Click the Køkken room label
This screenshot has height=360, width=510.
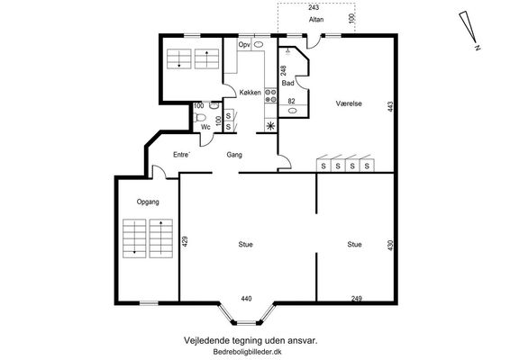point(250,93)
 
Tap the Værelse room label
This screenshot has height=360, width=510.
point(349,103)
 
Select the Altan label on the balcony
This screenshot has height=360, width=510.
point(316,20)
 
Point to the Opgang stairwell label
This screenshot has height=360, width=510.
point(148,202)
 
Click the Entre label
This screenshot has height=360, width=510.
point(181,155)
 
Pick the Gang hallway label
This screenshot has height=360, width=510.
point(234,155)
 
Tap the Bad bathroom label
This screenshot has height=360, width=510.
point(287,83)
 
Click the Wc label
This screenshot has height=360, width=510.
point(205,127)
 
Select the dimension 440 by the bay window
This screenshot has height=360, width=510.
point(246,298)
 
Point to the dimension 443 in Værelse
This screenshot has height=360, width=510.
point(390,107)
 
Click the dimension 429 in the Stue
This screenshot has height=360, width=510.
point(185,242)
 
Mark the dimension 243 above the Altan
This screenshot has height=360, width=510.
point(314,7)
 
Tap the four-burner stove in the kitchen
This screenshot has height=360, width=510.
point(270,95)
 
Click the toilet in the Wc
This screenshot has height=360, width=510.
point(199,117)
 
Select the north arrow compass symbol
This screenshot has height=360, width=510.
point(469,30)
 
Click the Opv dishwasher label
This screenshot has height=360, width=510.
point(244,44)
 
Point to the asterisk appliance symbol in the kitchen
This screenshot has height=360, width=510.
point(270,125)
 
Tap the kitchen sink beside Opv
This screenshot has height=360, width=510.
point(259,44)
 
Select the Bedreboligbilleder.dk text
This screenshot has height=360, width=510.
point(247,352)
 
